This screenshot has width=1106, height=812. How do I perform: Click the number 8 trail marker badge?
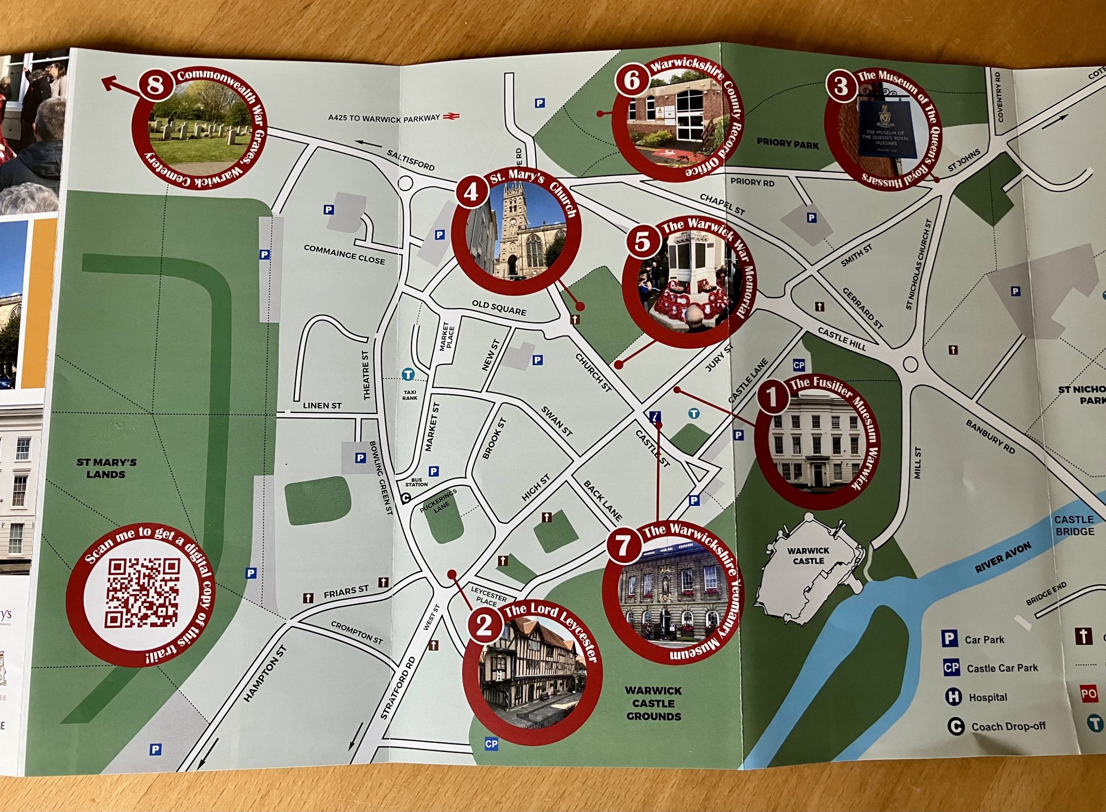[x=155, y=85]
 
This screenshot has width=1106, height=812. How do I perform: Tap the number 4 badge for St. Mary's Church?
[x=471, y=192]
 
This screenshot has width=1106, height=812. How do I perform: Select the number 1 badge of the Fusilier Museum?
[x=772, y=397]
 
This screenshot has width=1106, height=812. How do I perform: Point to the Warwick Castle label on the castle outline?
[x=808, y=556]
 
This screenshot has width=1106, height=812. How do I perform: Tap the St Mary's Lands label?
[x=106, y=468]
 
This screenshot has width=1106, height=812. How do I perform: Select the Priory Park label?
[x=787, y=144]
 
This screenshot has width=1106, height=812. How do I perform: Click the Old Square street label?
[x=498, y=307]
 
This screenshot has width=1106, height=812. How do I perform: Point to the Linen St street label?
[x=322, y=405]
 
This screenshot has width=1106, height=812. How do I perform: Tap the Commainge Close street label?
[x=344, y=254]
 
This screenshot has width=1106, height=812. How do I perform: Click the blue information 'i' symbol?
[x=656, y=417]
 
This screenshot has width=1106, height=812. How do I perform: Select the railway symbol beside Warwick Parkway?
[x=448, y=117]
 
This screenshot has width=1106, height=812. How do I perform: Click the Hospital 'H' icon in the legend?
[x=954, y=696]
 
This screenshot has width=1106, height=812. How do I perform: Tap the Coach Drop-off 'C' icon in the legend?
[x=956, y=726]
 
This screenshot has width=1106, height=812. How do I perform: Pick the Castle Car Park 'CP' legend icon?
[x=951, y=667]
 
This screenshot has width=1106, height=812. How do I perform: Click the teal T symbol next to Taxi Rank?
[x=408, y=374]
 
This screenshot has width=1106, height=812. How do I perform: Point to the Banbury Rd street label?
[x=990, y=437]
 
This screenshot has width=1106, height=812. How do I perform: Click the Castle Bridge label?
[x=1074, y=525]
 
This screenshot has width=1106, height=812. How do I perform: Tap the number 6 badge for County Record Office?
[x=631, y=81]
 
